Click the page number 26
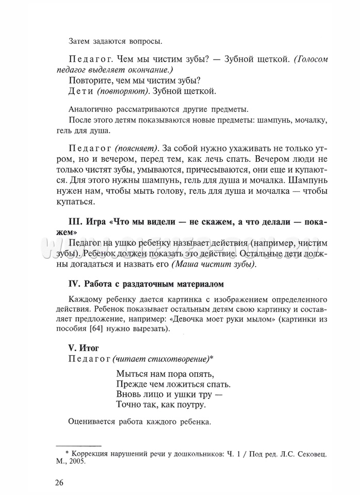pyautogui.click(x=58, y=483)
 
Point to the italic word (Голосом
pyautogui.click(x=311, y=59)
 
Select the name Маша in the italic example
pyautogui.click(x=185, y=265)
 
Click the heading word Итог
pyautogui.click(x=89, y=348)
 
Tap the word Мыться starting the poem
pyautogui.click(x=132, y=374)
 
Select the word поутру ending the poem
pyautogui.click(x=188, y=405)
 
